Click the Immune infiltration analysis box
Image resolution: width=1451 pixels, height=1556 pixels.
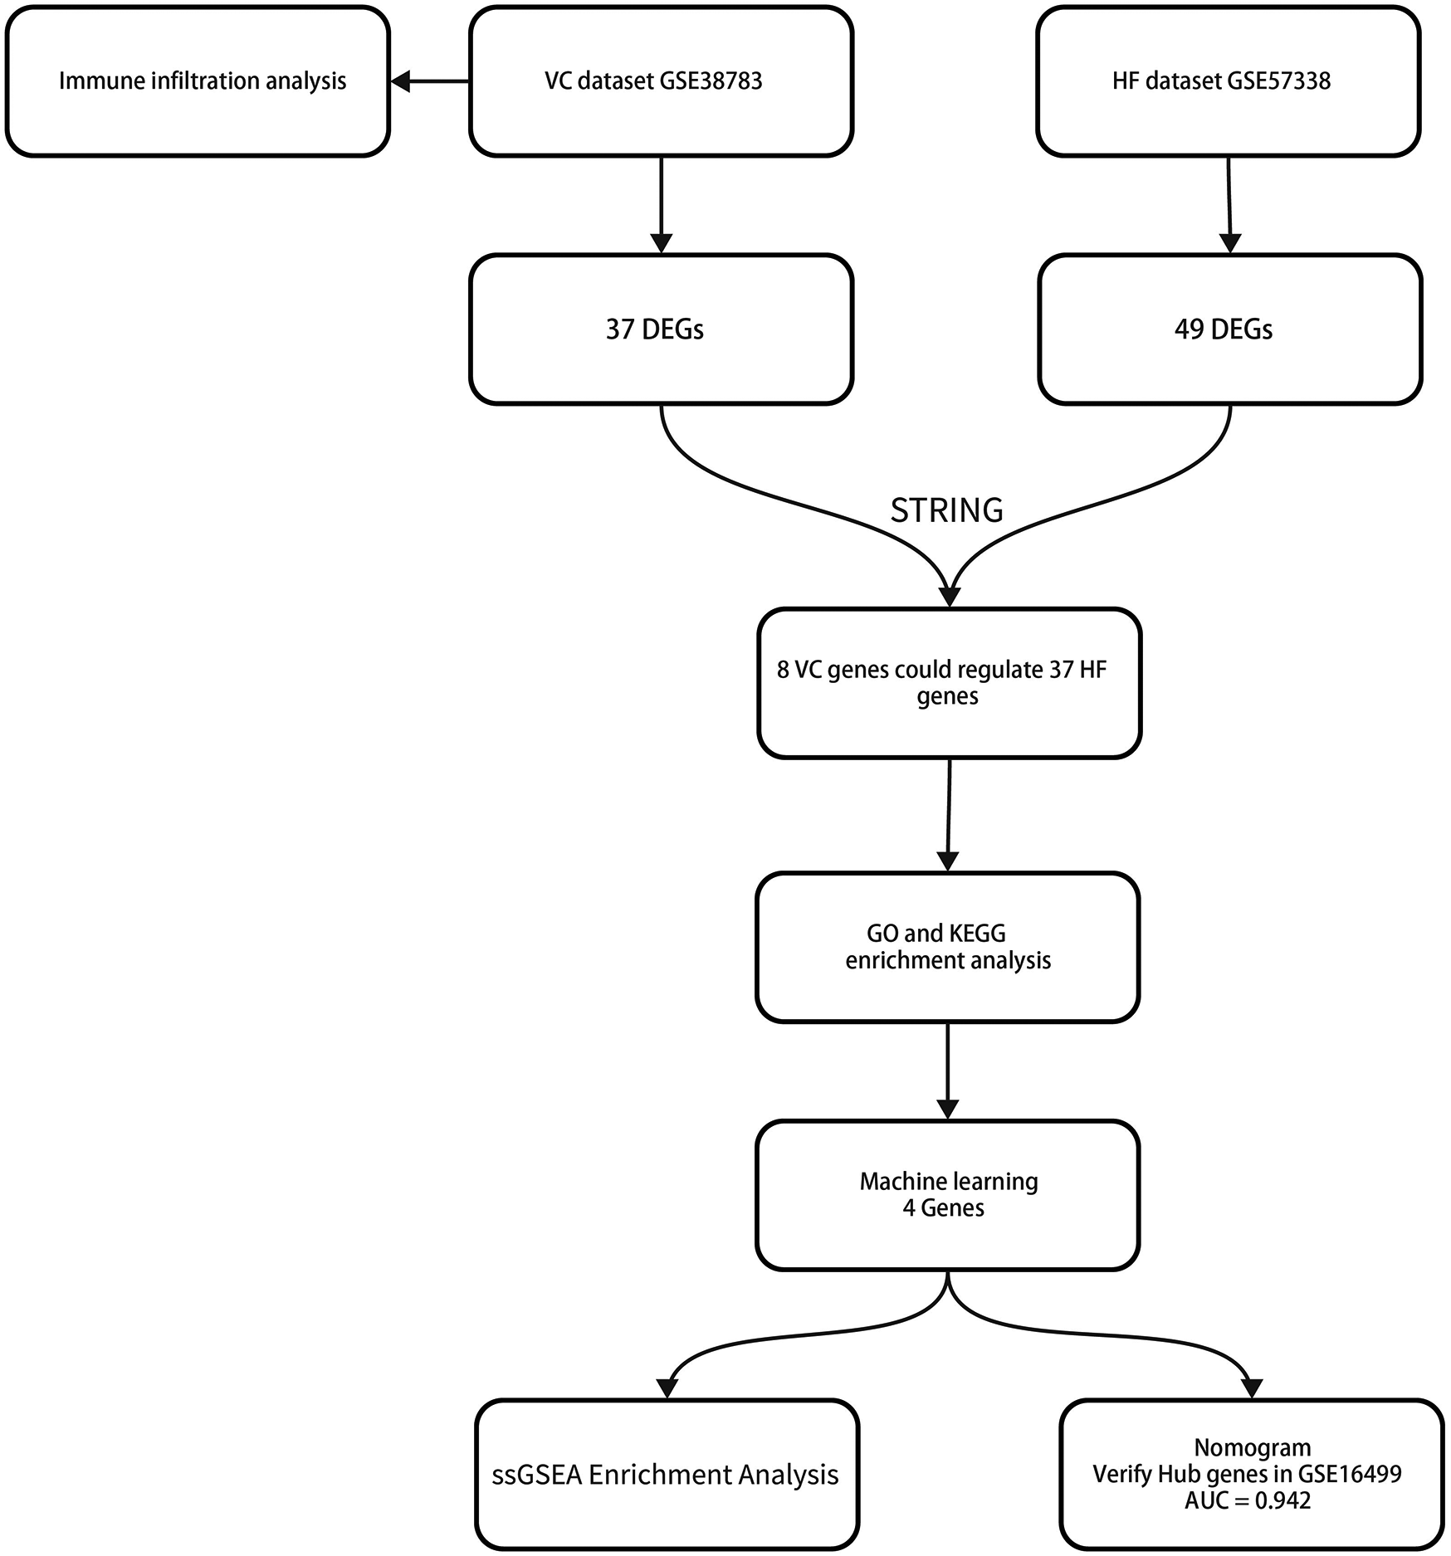(198, 81)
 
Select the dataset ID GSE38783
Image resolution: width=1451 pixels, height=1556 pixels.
(711, 81)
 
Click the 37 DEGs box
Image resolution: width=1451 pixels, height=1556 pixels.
(661, 329)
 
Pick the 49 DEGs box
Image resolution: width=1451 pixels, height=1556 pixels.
(1229, 329)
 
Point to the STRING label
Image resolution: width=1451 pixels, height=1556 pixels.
(946, 510)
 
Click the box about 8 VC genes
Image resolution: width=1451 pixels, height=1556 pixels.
(948, 682)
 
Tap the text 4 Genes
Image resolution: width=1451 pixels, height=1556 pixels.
(944, 1207)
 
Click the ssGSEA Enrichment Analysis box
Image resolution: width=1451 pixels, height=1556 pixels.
(666, 1475)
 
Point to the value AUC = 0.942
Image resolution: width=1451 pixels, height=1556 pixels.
(1248, 1500)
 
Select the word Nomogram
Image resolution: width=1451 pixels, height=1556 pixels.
(1252, 1447)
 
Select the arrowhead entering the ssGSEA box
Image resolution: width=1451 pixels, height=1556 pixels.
(667, 1388)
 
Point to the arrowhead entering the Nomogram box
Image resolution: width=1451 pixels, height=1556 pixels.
(1251, 1388)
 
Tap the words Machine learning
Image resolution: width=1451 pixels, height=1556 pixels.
(948, 1181)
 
